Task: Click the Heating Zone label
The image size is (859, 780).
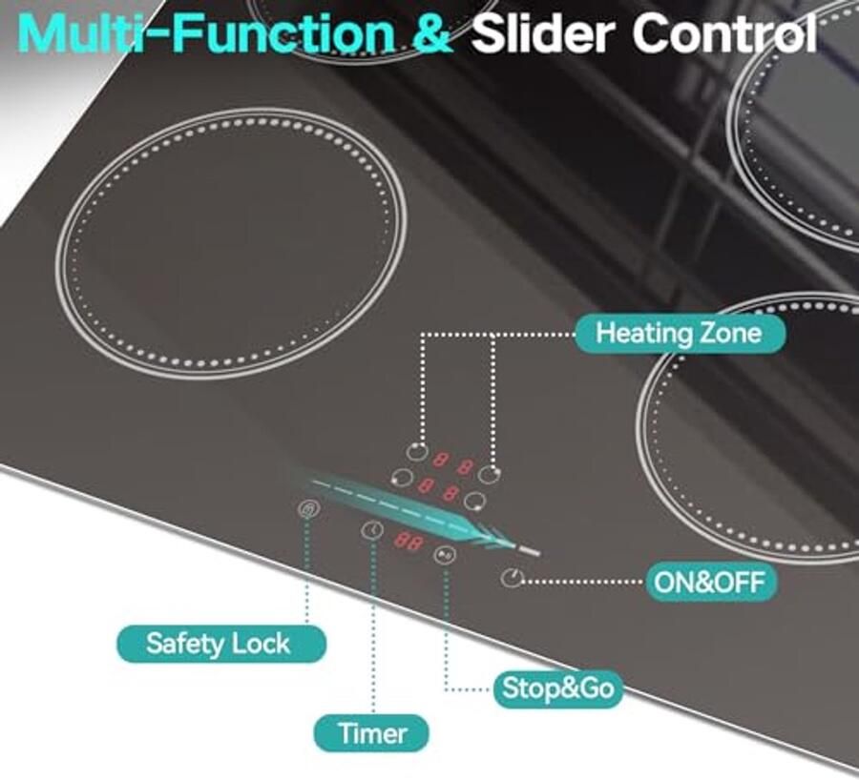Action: pyautogui.click(x=680, y=333)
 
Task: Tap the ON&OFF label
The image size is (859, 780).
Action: pyautogui.click(x=710, y=582)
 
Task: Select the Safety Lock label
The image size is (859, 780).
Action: pyautogui.click(x=221, y=644)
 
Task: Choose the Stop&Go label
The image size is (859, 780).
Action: pyautogui.click(x=557, y=688)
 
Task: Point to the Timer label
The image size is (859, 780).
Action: pyautogui.click(x=371, y=733)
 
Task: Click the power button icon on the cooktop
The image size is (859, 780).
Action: pyautogui.click(x=513, y=578)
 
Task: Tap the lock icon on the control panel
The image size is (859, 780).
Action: pyautogui.click(x=308, y=509)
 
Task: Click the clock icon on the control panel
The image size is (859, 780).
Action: pyautogui.click(x=372, y=529)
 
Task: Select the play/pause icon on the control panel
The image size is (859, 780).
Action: pyautogui.click(x=444, y=555)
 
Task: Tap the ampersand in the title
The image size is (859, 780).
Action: pyautogui.click(x=432, y=34)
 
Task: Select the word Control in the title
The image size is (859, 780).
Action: pyautogui.click(x=724, y=34)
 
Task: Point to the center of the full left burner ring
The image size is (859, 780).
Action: pyautogui.click(x=231, y=242)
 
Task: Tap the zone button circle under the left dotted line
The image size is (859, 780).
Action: pyautogui.click(x=417, y=451)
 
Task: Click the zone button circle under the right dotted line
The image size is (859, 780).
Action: pyautogui.click(x=488, y=474)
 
